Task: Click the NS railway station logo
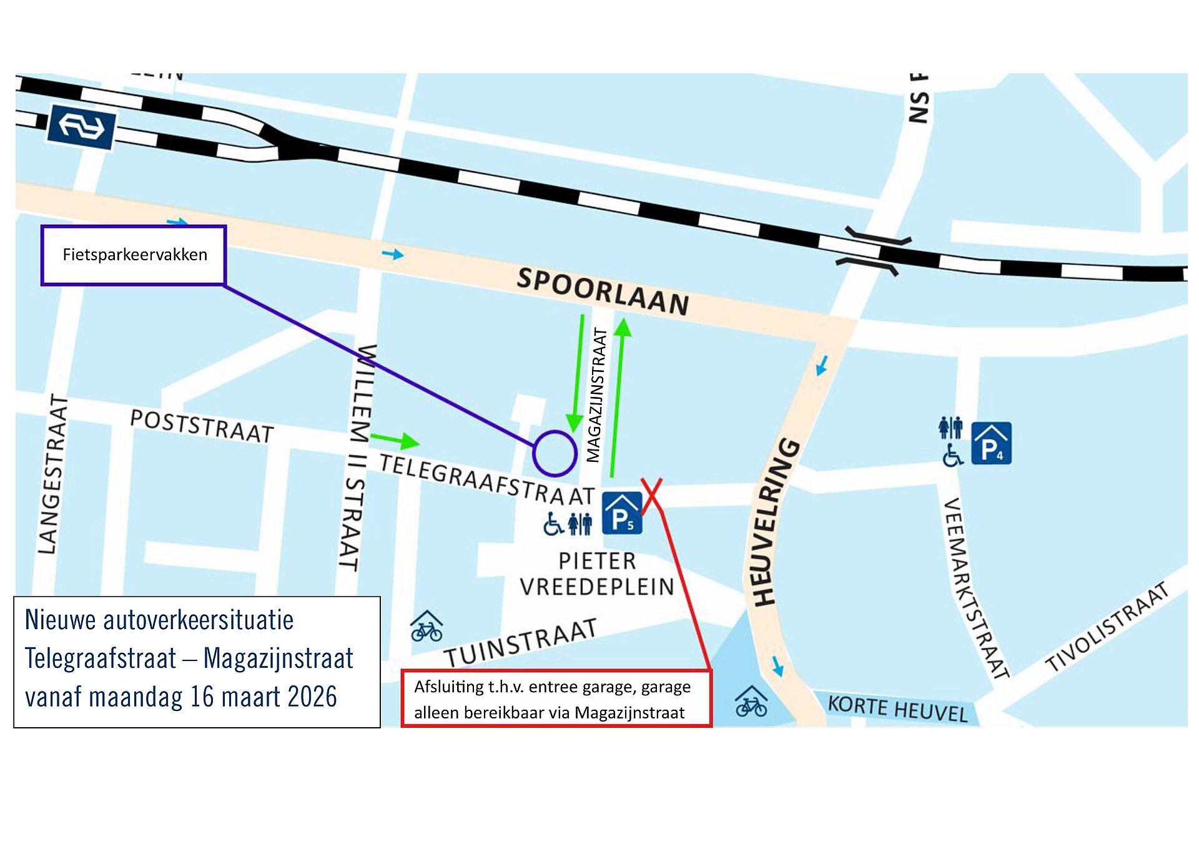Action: point(82,127)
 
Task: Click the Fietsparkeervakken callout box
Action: point(133,255)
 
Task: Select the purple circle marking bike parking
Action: point(554,453)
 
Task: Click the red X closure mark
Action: point(651,494)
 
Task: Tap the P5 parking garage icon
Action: point(622,513)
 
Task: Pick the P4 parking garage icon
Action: point(992,444)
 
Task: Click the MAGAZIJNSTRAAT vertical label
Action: point(597,396)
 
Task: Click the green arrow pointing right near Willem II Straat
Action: point(395,440)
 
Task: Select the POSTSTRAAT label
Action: point(202,426)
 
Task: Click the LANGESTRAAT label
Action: point(52,474)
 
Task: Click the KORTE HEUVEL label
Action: point(897,708)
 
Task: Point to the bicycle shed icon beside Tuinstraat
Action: point(427,627)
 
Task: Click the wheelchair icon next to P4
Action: point(952,455)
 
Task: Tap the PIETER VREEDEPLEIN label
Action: point(596,574)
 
